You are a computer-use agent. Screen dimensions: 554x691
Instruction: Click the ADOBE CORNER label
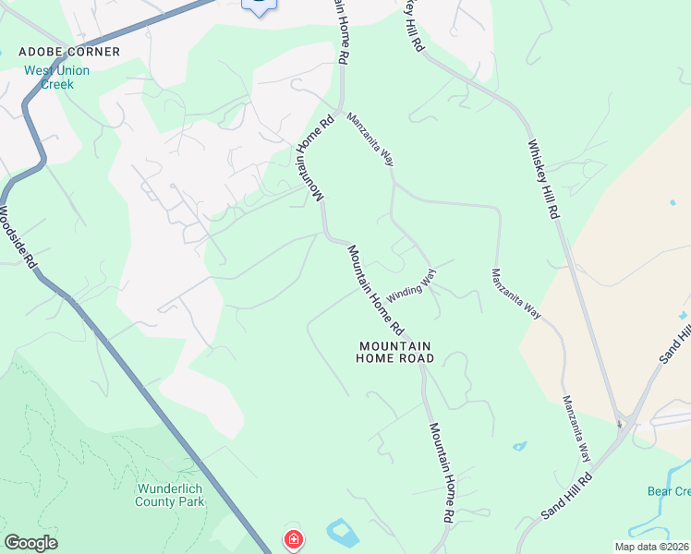[x=69, y=52]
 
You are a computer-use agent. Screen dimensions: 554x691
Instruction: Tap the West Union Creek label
[x=56, y=77]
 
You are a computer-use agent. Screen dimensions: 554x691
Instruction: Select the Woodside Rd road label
[x=18, y=236]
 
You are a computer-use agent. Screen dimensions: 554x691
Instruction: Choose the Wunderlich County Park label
[x=170, y=495]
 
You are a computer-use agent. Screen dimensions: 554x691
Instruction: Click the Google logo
[x=30, y=543]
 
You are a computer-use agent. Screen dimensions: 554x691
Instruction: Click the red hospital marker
[x=294, y=539]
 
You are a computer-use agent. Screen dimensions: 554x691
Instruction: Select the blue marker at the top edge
[x=260, y=5]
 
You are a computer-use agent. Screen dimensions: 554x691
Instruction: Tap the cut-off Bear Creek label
[x=669, y=491]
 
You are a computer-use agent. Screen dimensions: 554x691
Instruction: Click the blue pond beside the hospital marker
[x=341, y=533]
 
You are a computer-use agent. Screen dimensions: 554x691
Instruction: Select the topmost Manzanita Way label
[x=370, y=139]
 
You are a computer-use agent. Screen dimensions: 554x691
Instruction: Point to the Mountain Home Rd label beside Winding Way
[x=376, y=290]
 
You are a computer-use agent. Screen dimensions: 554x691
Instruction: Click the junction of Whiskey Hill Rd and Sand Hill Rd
[x=624, y=424]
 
